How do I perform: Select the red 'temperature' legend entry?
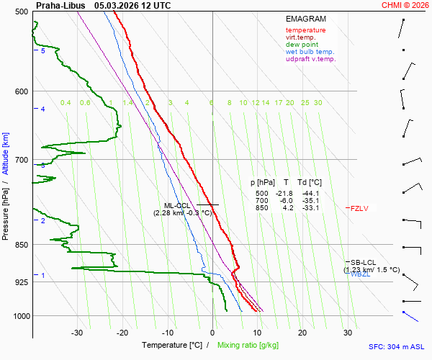click(305, 30)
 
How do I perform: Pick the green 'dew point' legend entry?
click(302, 45)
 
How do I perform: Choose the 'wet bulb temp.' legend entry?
click(310, 52)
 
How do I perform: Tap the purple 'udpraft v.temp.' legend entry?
click(310, 59)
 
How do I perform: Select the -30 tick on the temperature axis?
click(77, 333)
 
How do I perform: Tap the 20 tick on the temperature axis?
click(302, 333)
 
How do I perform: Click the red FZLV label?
click(359, 209)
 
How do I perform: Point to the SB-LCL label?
click(364, 262)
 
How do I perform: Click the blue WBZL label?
click(360, 274)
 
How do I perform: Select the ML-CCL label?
click(177, 206)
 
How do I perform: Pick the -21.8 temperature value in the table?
click(285, 194)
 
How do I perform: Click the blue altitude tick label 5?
click(43, 51)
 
